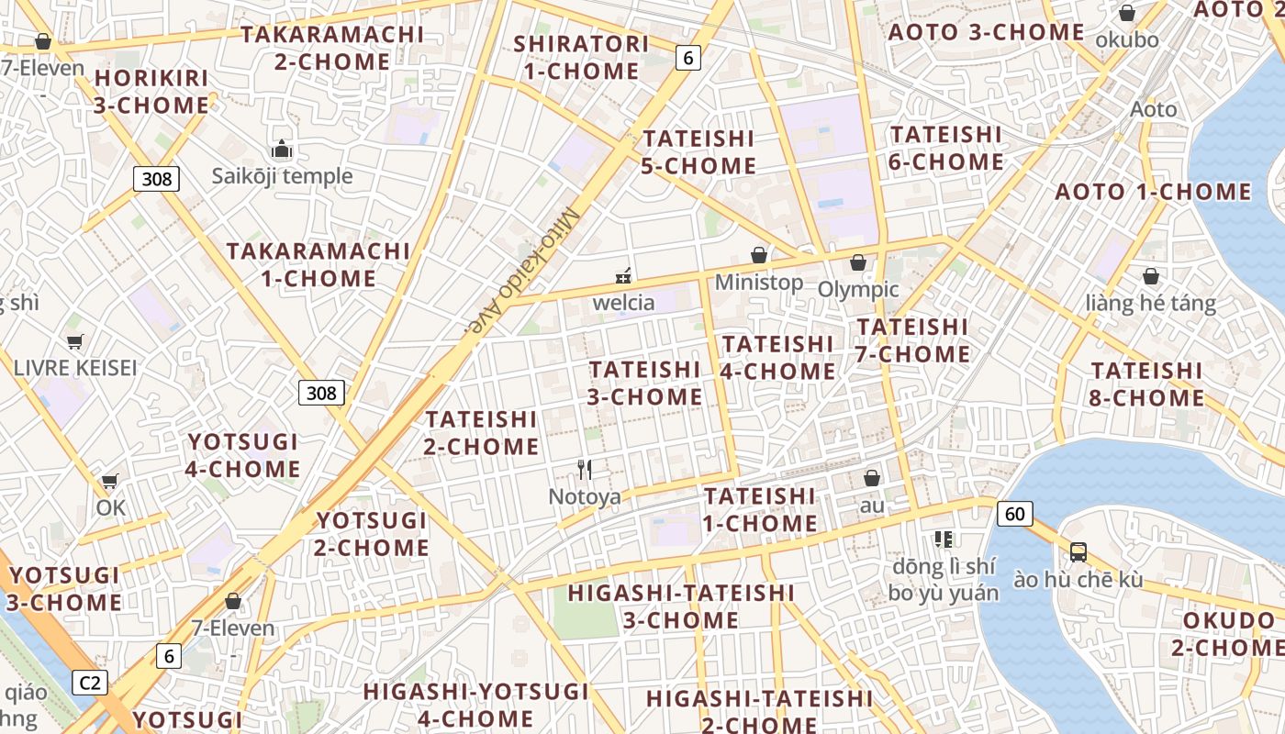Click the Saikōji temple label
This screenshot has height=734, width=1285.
coord(282,176)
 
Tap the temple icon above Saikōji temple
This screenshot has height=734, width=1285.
coord(281,150)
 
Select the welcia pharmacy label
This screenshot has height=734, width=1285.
coord(624,302)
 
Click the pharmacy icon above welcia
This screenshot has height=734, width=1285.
coord(623,275)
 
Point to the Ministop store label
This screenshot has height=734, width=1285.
coord(758,283)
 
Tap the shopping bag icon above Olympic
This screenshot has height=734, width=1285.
coord(858,262)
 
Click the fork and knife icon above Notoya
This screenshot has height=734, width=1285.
coord(585,470)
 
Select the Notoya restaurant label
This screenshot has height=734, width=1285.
coord(585,497)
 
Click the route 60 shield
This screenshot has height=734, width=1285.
coord(1014,513)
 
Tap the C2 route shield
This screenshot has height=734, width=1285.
coord(90,683)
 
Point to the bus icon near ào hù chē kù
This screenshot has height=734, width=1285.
coord(1078,552)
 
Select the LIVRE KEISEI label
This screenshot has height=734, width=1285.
coord(75,368)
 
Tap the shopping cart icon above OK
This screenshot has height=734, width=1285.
coord(110,481)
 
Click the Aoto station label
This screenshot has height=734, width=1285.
coord(1153,109)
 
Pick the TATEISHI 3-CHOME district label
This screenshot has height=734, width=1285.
coord(645,383)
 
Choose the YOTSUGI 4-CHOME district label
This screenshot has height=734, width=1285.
coord(243,455)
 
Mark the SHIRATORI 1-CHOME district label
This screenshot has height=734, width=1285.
coord(581,57)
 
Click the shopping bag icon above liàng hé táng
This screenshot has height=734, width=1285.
coord(1151,276)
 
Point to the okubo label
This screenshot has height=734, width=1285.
coord(1127,40)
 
